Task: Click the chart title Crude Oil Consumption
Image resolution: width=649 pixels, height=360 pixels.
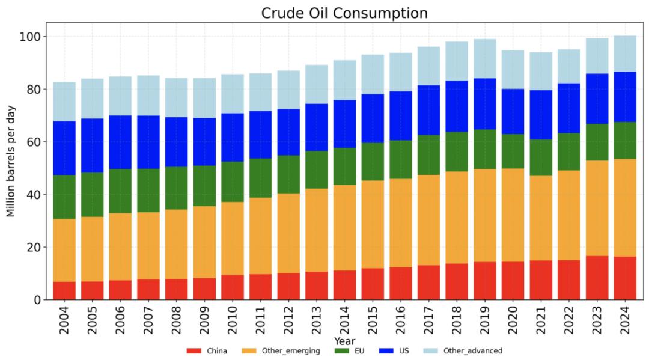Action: pyautogui.click(x=344, y=13)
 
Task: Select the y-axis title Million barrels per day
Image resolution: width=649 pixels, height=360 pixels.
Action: pyautogui.click(x=11, y=161)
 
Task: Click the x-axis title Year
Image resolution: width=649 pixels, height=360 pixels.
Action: pyautogui.click(x=344, y=341)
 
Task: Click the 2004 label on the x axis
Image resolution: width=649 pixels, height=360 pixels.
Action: pyautogui.click(x=64, y=318)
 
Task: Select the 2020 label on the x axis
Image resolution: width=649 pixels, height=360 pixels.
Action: pyautogui.click(x=513, y=318)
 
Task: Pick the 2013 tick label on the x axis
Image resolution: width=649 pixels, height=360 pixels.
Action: pyautogui.click(x=317, y=318)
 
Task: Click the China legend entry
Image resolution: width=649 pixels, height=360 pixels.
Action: pyautogui.click(x=207, y=350)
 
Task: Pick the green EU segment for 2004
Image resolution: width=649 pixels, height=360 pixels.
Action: pyautogui.click(x=64, y=197)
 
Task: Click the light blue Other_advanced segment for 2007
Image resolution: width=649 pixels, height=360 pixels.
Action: pyautogui.click(x=148, y=96)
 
